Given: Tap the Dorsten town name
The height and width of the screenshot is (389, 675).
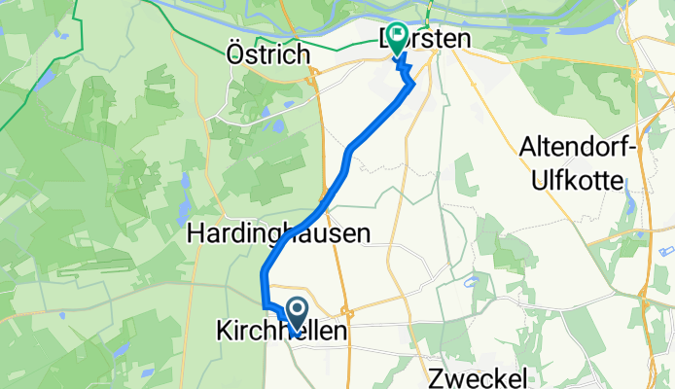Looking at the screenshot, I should tap(422, 40).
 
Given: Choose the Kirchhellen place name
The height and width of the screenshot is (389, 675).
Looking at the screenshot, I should tap(280, 332).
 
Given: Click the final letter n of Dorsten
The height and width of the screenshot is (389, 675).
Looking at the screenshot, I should tap(464, 40).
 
